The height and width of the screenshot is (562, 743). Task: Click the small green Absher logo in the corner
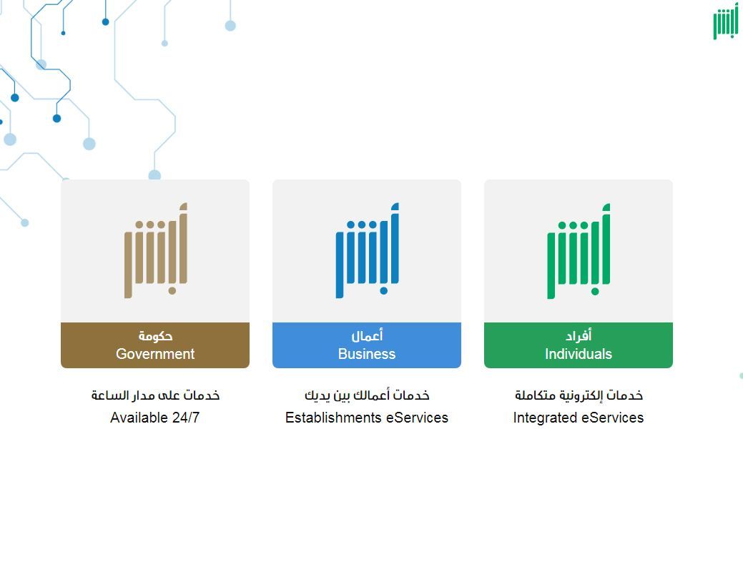tap(725, 23)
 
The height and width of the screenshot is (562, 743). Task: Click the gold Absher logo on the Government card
tap(156, 250)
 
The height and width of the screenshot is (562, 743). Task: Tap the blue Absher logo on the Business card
tap(368, 250)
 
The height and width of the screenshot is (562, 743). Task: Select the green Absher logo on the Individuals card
tap(579, 251)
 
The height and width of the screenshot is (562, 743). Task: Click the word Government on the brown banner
tap(155, 354)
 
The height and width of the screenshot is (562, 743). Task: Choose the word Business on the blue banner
tap(367, 354)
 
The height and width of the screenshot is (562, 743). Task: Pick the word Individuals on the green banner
tap(579, 354)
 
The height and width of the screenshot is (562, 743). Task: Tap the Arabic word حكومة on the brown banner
tap(155, 336)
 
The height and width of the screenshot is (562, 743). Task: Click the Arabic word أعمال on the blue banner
tap(367, 335)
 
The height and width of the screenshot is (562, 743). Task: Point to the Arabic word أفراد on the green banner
tap(579, 335)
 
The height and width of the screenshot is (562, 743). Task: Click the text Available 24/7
tap(155, 418)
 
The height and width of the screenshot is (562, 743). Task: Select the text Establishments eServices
tap(367, 418)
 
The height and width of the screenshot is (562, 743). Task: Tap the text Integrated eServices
tap(579, 418)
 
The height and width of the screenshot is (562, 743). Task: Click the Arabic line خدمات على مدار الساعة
tap(155, 395)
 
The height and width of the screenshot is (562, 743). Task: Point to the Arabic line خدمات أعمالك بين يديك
tap(367, 395)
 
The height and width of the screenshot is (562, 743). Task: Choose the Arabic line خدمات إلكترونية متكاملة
tap(579, 395)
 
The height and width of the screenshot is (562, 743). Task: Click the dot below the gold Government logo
tap(172, 290)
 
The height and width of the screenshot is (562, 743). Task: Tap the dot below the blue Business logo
tap(384, 290)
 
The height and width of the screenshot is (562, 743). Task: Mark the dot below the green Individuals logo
tap(595, 292)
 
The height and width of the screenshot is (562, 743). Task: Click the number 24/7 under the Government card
tap(186, 418)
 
